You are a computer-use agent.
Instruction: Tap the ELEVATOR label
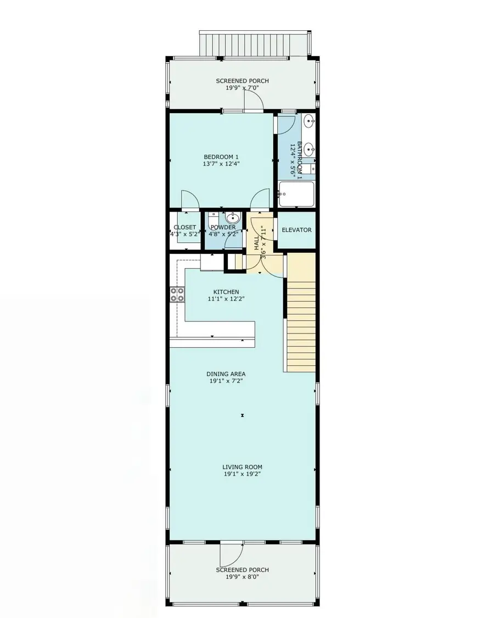pyautogui.click(x=296, y=230)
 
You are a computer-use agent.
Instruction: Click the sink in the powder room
pyautogui.click(x=233, y=217)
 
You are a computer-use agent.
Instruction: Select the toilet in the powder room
pyautogui.click(x=213, y=219)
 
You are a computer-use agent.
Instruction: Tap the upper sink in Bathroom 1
pyautogui.click(x=309, y=121)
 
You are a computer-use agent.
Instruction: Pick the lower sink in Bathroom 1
pyautogui.click(x=309, y=148)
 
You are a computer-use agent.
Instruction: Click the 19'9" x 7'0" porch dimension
pyautogui.click(x=242, y=88)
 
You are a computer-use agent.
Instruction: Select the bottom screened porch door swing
pyautogui.click(x=231, y=555)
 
